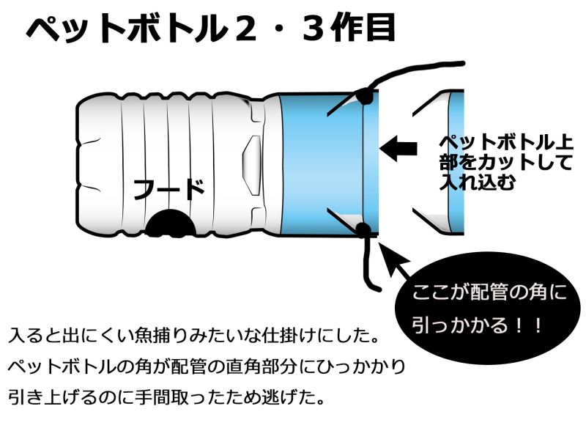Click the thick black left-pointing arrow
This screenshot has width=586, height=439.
click(x=398, y=148)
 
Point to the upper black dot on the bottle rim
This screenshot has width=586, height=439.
click(x=364, y=95)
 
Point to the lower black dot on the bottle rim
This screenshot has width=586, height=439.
click(x=363, y=232)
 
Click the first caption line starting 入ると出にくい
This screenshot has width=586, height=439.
click(x=193, y=338)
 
